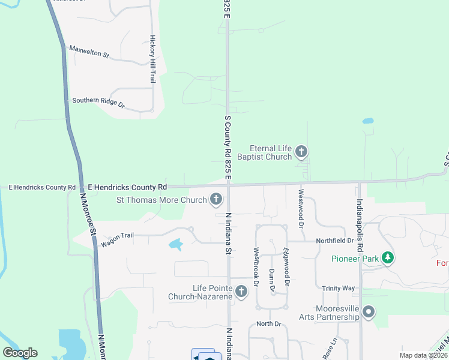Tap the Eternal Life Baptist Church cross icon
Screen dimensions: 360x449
click(301, 152)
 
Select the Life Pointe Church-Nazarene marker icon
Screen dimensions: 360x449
click(241, 292)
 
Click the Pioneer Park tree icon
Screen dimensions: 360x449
click(388, 258)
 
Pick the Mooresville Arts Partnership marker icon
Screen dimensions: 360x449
click(369, 312)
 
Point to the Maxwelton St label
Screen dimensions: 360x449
click(89, 52)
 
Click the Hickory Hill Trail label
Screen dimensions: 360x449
click(153, 59)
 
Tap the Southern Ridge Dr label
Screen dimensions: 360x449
click(98, 103)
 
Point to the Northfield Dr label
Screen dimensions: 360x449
click(335, 241)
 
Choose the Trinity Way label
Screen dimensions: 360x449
click(338, 289)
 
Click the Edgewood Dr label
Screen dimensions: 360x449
click(287, 266)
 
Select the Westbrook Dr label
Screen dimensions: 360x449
click(256, 266)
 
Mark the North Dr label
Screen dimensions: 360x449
click(268, 324)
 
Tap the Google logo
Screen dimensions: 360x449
click(20, 353)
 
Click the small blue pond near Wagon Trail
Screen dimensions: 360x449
click(175, 244)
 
